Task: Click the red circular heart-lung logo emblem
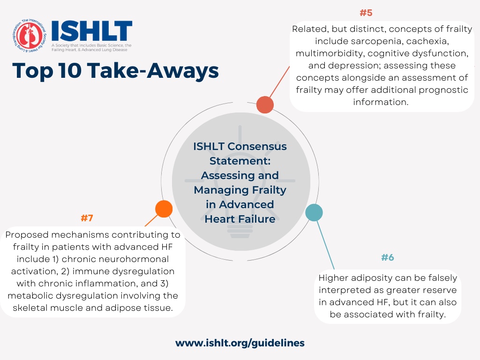click(x=30, y=36)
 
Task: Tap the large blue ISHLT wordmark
click(x=92, y=31)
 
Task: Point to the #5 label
click(x=366, y=13)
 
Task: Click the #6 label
click(x=388, y=257)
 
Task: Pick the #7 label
click(x=87, y=218)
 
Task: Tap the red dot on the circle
click(x=265, y=105)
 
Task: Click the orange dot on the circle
click(x=164, y=209)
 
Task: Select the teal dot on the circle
click(x=314, y=212)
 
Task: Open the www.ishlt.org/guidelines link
click(x=240, y=343)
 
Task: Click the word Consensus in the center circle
click(x=257, y=146)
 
